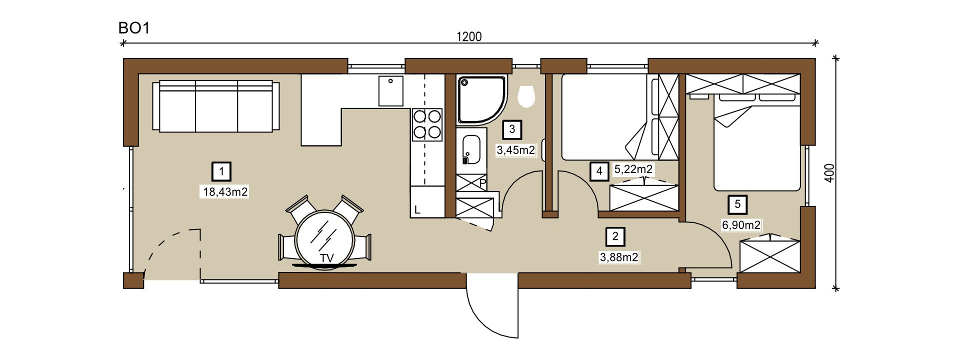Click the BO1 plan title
coord(134,28)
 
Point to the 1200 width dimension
coord(469,36)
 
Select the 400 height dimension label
coord(829,173)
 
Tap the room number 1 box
coord(221,172)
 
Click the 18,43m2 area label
coord(225,191)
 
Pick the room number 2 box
coord(615,237)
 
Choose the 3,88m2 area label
coord(619,257)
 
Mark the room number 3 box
coord(512,129)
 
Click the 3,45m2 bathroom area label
coord(515,150)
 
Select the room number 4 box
coord(599,171)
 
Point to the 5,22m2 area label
coord(633,169)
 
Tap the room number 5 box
coord(737,204)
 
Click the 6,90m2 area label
coord(741,225)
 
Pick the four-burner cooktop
coord(427,124)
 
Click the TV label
coord(327,258)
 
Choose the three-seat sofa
coord(216,106)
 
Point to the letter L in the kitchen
coord(417,210)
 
